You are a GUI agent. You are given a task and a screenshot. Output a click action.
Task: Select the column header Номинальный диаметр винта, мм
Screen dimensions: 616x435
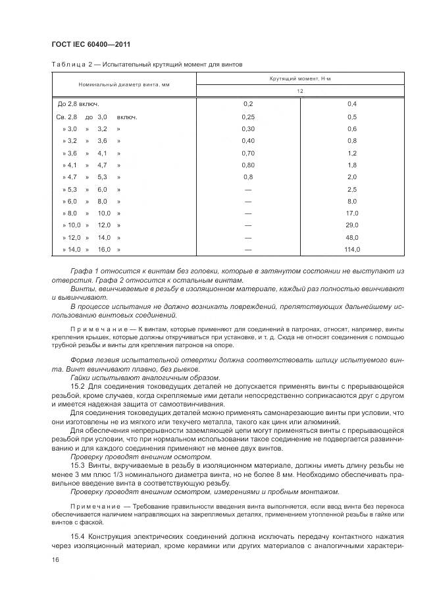tap(124, 86)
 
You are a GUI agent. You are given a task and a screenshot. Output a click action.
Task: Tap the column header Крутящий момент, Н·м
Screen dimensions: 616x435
tap(300, 79)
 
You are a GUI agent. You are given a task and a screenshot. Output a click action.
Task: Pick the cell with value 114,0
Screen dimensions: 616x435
tap(352, 249)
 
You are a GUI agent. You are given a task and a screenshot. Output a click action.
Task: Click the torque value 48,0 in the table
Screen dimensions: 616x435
tap(352, 237)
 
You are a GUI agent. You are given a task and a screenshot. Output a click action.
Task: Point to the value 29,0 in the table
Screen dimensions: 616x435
tap(352, 225)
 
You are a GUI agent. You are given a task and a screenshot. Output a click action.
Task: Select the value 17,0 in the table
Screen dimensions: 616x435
tap(352, 213)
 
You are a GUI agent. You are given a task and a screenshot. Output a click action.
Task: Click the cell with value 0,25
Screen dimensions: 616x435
tap(248, 117)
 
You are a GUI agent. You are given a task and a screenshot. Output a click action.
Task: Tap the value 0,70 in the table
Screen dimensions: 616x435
tap(248, 153)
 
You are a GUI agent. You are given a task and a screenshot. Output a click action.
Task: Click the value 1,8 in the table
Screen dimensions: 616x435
tap(352, 165)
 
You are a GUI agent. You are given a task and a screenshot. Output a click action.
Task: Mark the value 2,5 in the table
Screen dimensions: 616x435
tap(352, 189)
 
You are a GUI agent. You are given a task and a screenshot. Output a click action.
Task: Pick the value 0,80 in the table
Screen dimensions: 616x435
tap(248, 165)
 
